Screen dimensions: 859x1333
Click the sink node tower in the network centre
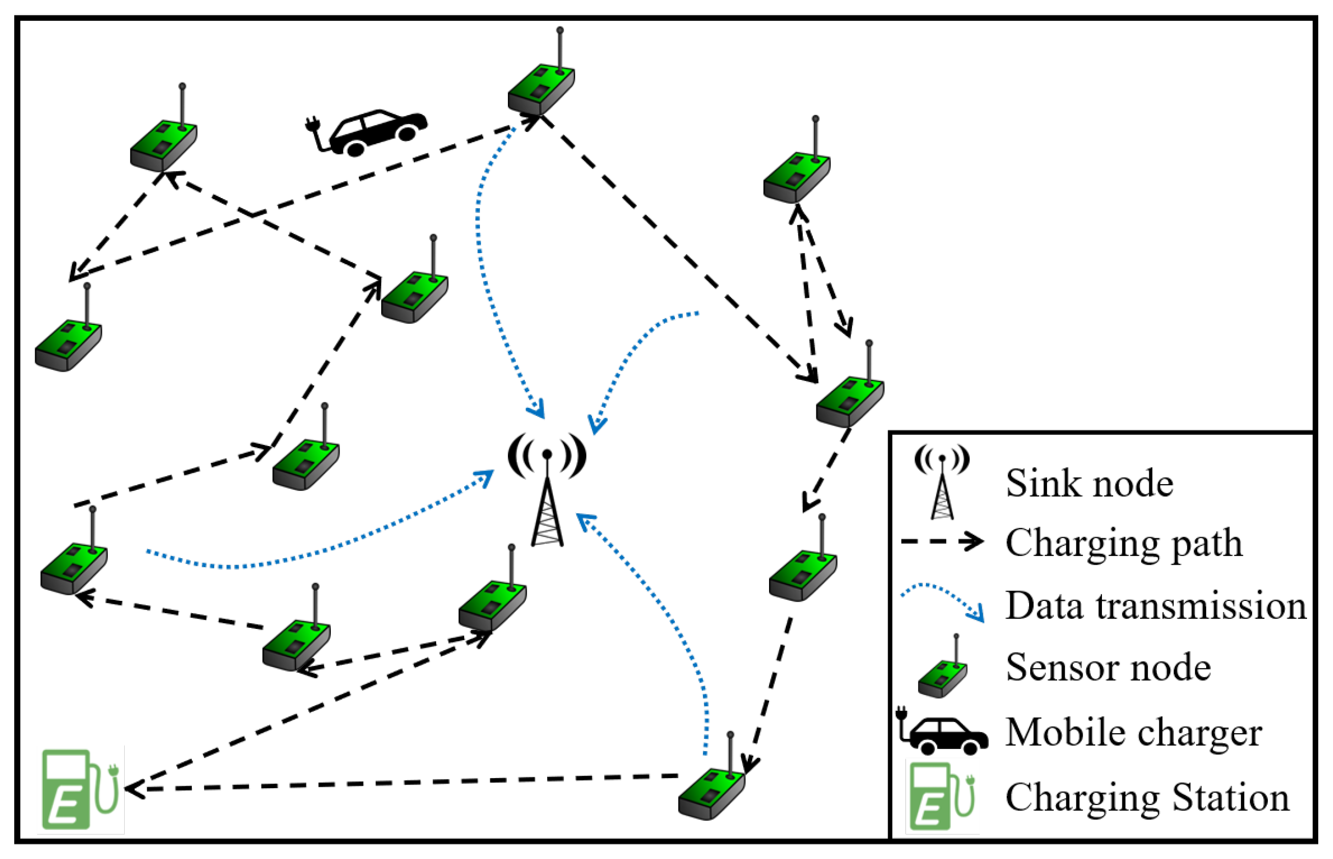[547, 491]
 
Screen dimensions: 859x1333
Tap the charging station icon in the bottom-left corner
[80, 789]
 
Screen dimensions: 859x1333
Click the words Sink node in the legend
[1089, 483]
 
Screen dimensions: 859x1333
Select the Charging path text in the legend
[1124, 543]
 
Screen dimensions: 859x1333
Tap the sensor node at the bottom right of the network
[712, 792]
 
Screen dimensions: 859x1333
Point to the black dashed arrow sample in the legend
[942, 542]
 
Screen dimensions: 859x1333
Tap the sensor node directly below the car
[415, 296]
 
